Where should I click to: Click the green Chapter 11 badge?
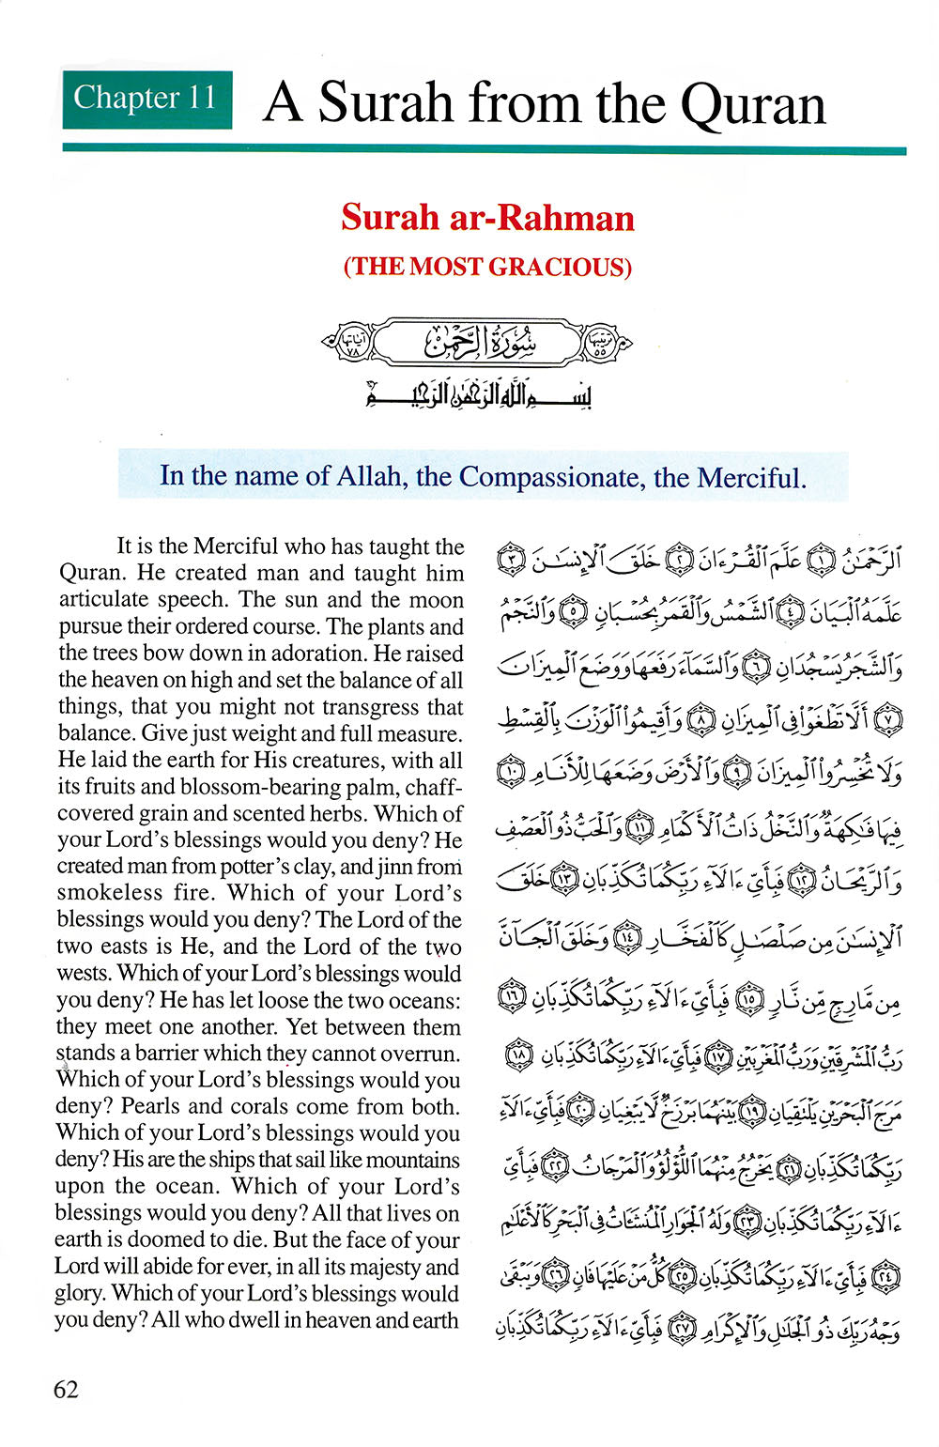pos(146,99)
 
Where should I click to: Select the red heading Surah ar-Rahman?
pos(487,218)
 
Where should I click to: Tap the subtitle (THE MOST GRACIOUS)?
pos(487,267)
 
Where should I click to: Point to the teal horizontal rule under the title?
pos(484,148)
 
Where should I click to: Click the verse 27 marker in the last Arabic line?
pos(682,1331)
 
